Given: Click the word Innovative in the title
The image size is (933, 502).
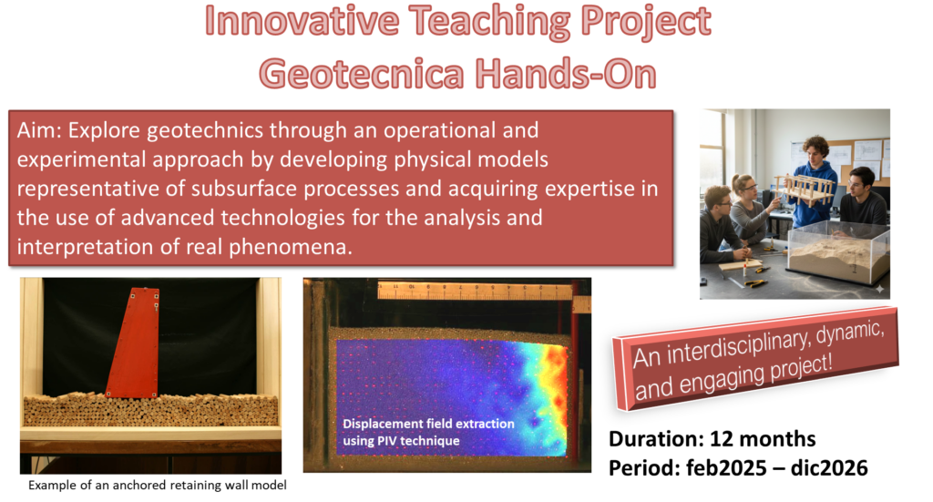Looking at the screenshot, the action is (302, 22).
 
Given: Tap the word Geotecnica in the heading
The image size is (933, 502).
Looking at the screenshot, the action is (361, 75).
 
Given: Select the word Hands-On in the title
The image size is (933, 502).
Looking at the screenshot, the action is (565, 75).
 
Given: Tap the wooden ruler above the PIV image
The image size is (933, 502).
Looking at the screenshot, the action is (475, 291).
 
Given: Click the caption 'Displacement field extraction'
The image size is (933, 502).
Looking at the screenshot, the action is (428, 424).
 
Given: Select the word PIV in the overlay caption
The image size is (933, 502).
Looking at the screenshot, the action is (386, 441).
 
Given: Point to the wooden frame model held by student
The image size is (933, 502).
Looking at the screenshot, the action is (804, 190).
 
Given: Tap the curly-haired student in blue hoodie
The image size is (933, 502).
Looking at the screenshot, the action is (815, 179).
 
